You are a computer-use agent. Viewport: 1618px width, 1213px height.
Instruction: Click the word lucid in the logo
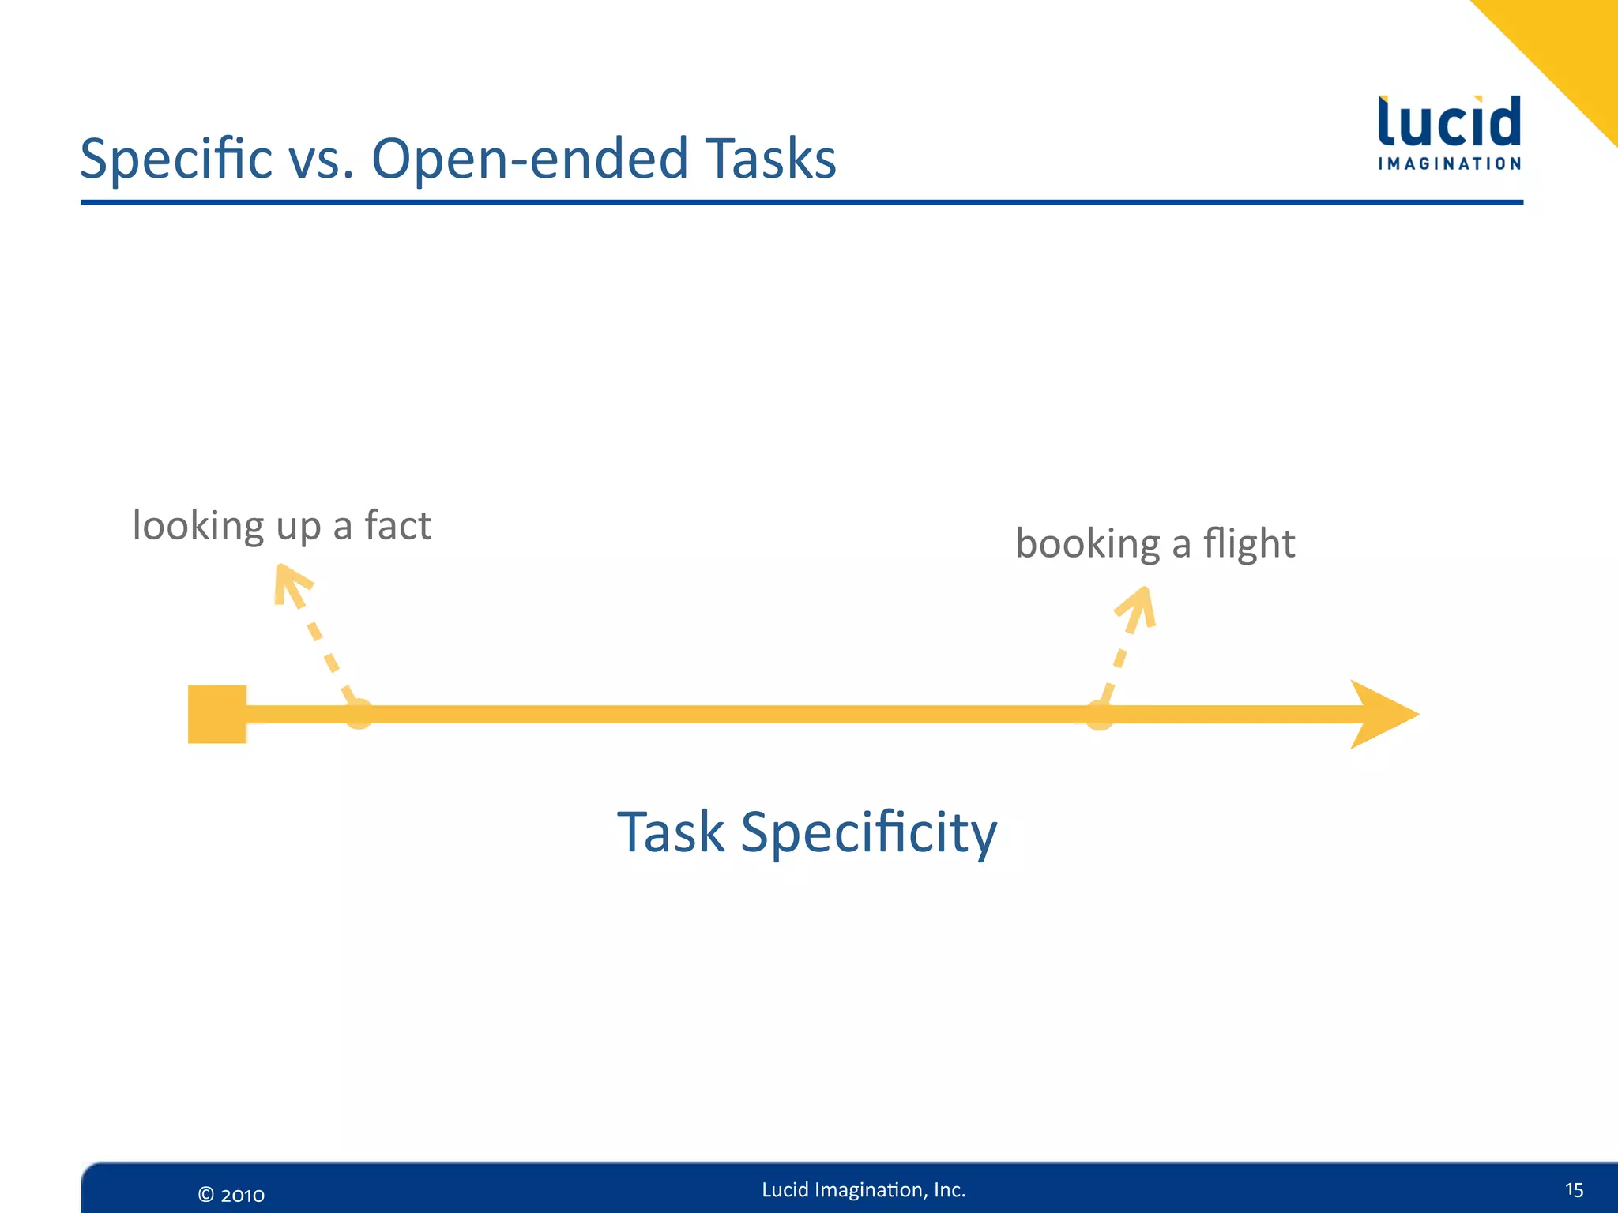coord(1449,122)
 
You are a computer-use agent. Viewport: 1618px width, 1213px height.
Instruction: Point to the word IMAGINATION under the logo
coord(1449,164)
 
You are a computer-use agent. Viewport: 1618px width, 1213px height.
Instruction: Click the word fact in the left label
coord(397,525)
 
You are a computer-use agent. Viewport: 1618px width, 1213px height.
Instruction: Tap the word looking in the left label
coord(198,527)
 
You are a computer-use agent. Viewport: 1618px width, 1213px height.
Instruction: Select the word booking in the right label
coord(1087,545)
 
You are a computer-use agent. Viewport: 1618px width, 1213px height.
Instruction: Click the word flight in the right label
coord(1248,545)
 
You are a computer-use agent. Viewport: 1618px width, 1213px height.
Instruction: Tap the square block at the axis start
coord(217,714)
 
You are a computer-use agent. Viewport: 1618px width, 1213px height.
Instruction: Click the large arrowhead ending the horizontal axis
coord(1381,714)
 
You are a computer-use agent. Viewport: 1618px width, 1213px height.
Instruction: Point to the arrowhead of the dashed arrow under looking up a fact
coord(289,583)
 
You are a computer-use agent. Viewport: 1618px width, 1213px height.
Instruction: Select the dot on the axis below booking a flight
coord(1099,715)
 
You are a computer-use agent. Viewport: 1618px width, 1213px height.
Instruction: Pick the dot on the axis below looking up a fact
coord(359,714)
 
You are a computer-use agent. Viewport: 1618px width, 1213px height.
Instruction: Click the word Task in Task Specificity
coord(670,832)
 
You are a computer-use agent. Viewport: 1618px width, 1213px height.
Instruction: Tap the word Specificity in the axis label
coord(868,834)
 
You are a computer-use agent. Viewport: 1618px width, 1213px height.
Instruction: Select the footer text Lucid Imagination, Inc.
coord(864,1190)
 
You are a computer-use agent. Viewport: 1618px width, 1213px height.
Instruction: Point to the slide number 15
coord(1574,1190)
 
